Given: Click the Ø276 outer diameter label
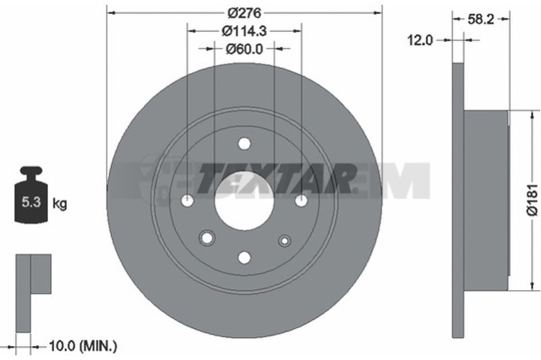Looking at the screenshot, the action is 245,13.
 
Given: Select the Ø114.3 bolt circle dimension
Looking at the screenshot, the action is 245,31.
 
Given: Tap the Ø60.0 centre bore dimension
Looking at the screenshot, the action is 244,49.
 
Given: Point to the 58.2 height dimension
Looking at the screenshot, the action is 481,20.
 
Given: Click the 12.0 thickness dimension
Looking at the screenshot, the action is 420,41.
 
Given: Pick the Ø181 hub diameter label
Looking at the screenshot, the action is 533,200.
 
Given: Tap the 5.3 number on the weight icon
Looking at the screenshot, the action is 31,202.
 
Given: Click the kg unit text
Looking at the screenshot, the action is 60,204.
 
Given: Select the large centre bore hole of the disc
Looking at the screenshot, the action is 244,200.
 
